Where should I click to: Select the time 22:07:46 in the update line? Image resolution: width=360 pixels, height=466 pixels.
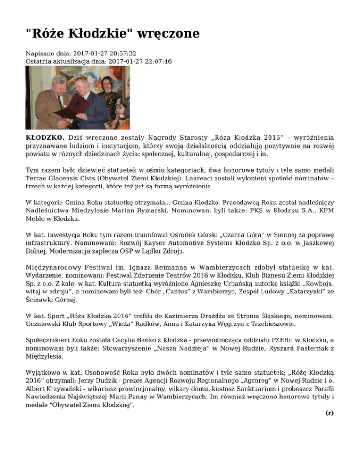(x=155, y=61)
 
